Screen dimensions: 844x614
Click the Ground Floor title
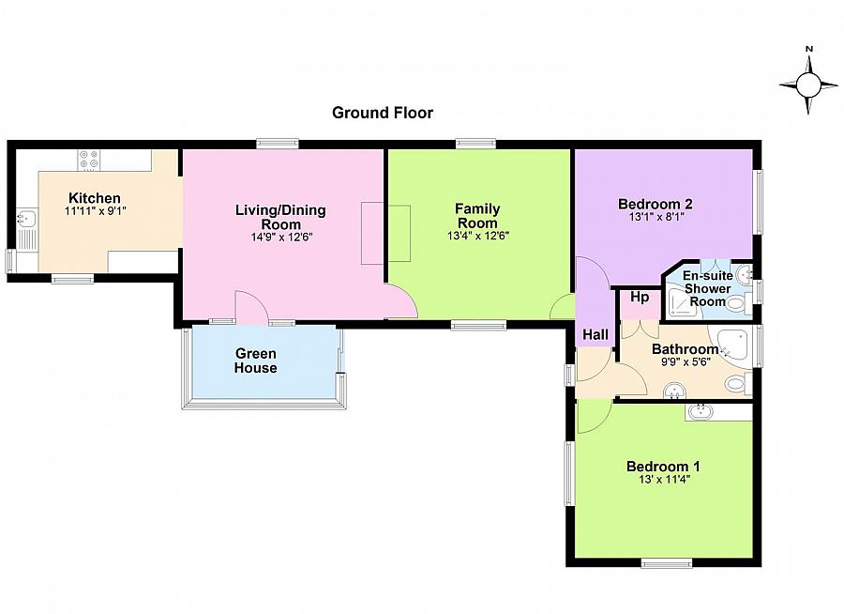pyautogui.click(x=383, y=113)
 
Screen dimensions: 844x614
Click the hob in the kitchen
pyautogui.click(x=89, y=160)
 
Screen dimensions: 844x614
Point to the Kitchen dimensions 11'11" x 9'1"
pyautogui.click(x=96, y=211)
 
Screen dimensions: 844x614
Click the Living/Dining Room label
pyautogui.click(x=280, y=217)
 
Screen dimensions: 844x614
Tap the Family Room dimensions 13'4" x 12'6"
pyautogui.click(x=478, y=236)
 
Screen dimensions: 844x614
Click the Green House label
pyautogui.click(x=256, y=361)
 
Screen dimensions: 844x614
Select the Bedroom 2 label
pyautogui.click(x=656, y=204)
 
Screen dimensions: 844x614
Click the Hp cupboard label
pyautogui.click(x=640, y=297)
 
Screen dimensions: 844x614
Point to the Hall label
pyautogui.click(x=595, y=335)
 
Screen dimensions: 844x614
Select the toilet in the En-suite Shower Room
pyautogui.click(x=739, y=303)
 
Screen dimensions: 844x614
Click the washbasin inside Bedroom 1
pyautogui.click(x=700, y=412)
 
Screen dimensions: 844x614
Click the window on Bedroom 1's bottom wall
pyautogui.click(x=667, y=563)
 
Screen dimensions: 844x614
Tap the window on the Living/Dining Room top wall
pyautogui.click(x=278, y=144)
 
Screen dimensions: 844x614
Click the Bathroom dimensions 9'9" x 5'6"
pyautogui.click(x=686, y=362)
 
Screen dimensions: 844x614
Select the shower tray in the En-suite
pyautogui.click(x=680, y=303)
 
